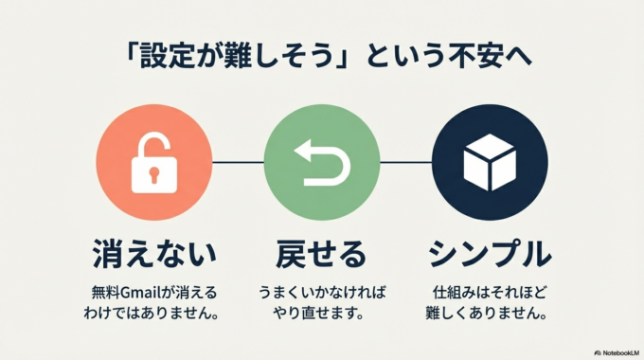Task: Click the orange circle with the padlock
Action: coord(154,163)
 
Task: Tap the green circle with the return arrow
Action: coord(322,163)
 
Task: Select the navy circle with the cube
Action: coord(490,163)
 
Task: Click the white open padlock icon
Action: coord(153,162)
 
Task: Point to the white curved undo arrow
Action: coord(321,164)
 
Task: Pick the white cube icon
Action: coord(490,164)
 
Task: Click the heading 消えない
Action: coord(154,254)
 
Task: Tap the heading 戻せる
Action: coord(321,254)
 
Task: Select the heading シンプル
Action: coord(490,254)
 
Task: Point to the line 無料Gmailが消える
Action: coord(154,292)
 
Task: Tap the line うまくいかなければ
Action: coord(322,292)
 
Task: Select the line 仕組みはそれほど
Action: coord(490,292)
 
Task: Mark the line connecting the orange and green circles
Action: coord(238,163)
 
